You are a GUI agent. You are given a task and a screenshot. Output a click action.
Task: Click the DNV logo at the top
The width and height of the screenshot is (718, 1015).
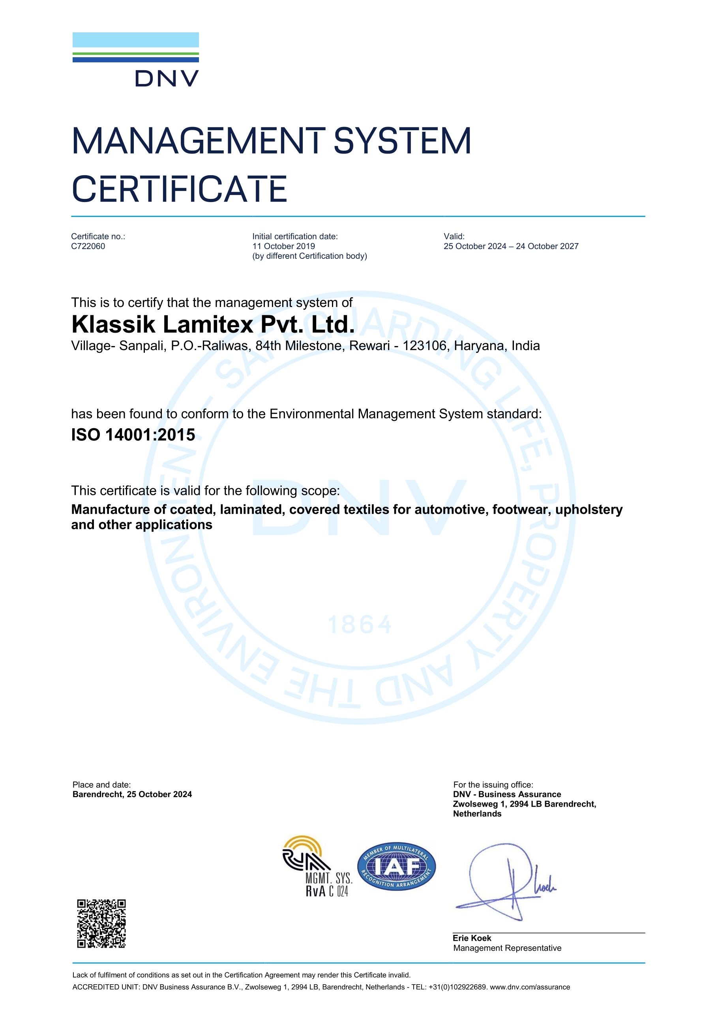(x=136, y=59)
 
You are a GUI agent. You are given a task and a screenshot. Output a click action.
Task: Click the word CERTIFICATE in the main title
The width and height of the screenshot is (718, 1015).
(x=179, y=189)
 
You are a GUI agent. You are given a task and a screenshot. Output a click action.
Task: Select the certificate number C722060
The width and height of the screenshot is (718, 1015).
(x=88, y=246)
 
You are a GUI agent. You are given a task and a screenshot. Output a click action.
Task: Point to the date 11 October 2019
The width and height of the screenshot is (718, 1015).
(x=283, y=246)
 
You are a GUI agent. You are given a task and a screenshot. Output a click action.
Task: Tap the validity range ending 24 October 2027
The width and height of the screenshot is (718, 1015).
(x=511, y=246)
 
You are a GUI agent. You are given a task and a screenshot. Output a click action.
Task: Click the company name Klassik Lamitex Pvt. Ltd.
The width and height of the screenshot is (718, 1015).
(x=213, y=324)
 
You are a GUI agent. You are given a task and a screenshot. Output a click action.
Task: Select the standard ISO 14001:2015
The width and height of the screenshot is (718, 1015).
(x=133, y=435)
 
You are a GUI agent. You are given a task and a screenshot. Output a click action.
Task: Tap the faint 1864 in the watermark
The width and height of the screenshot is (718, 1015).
(x=360, y=625)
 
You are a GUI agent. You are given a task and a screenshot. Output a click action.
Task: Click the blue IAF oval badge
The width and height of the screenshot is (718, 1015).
(x=396, y=867)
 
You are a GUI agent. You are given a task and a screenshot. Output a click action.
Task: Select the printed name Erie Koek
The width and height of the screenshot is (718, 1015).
(x=472, y=938)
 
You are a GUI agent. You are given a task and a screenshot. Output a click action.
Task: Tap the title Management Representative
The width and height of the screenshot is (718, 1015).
(x=507, y=948)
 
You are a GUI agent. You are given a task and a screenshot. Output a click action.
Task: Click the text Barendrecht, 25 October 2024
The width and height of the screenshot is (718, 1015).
(x=132, y=794)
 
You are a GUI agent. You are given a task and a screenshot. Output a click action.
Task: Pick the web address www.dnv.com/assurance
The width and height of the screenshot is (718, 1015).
(x=530, y=987)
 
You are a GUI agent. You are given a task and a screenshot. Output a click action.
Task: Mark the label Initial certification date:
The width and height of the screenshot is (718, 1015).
(x=295, y=236)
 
